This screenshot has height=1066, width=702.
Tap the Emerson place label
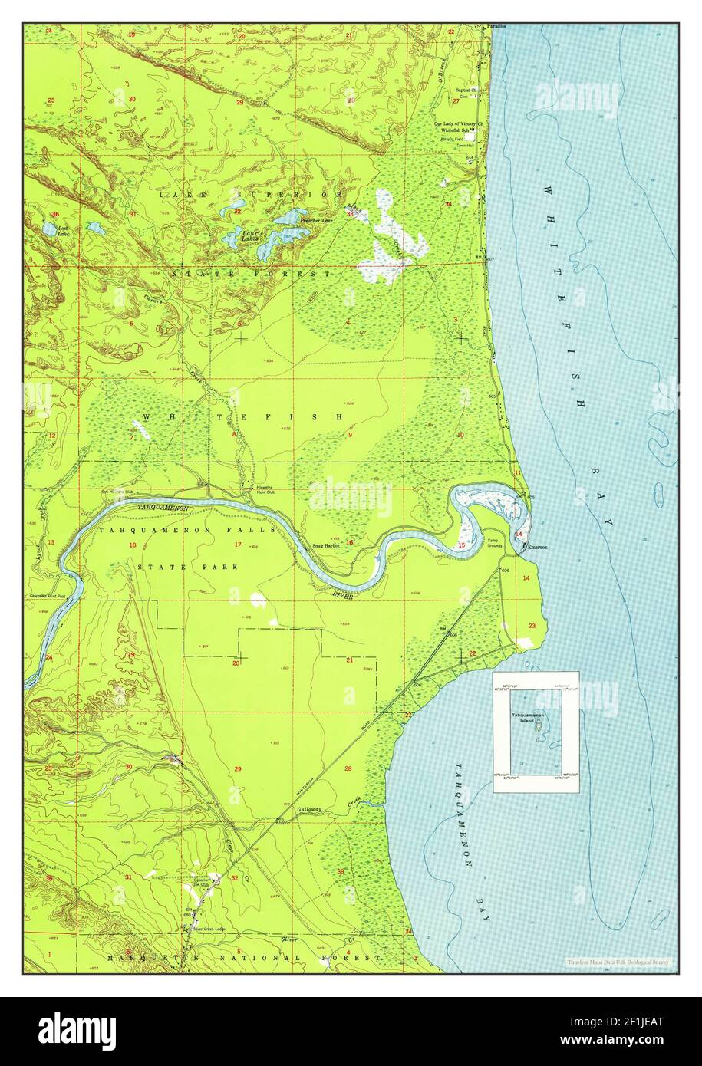click(x=536, y=547)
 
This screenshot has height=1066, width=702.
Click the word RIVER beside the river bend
click(x=342, y=594)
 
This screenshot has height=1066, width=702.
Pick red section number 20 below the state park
click(x=236, y=662)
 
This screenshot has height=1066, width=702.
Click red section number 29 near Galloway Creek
click(x=238, y=768)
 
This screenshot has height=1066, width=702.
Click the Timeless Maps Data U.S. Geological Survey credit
click(x=618, y=962)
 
